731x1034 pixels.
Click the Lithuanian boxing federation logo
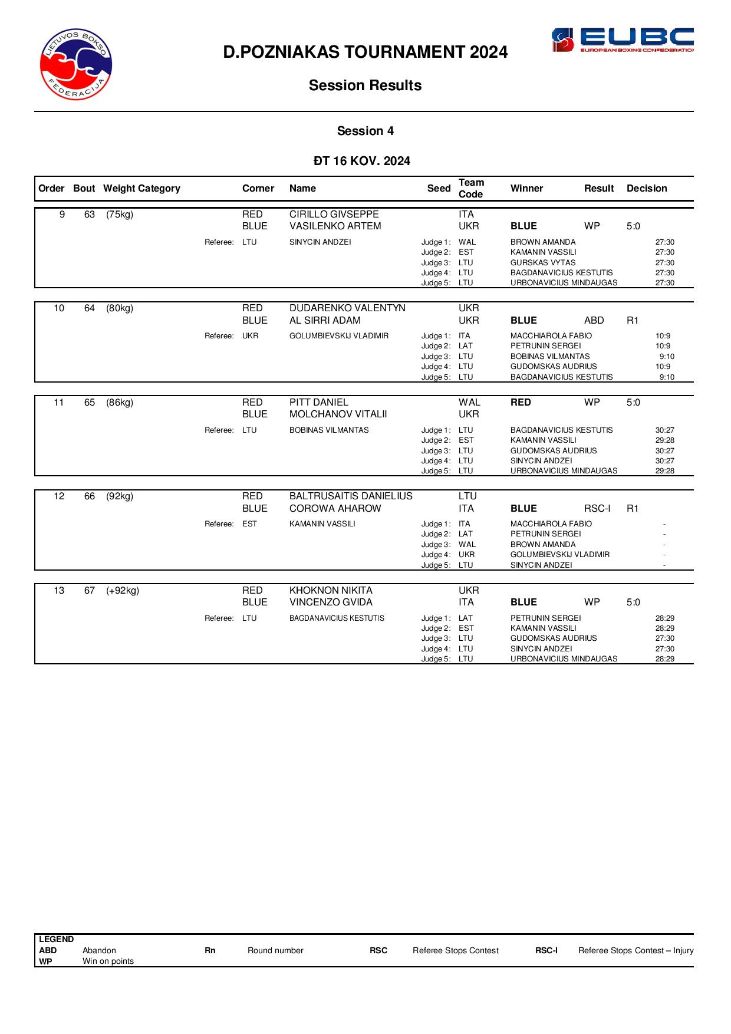coord(76,64)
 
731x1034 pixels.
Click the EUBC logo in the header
coord(622,40)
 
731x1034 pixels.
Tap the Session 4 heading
coord(365,131)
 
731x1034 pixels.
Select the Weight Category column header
coord(141,189)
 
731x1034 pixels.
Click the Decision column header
coord(647,189)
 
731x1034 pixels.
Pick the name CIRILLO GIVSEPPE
coord(334,215)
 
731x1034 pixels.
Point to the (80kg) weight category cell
coord(120,308)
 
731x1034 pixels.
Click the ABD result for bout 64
coord(594,321)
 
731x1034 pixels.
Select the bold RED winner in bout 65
coord(521,403)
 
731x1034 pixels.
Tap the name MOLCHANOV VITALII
coord(338,414)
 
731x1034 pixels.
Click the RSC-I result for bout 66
coord(597,509)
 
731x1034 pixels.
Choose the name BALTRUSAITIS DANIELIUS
coord(351,496)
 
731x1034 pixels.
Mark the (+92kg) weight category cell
coord(123,591)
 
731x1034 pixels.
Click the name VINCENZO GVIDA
coord(331,602)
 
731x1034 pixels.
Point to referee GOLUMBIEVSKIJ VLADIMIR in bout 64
coord(339,336)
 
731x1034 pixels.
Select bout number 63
coord(90,215)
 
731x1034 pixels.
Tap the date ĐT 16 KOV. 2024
coord(362,162)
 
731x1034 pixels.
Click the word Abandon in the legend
coord(99,951)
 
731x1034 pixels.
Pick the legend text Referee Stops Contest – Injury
coord(635,951)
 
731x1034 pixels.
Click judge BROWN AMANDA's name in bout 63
coord(543,242)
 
